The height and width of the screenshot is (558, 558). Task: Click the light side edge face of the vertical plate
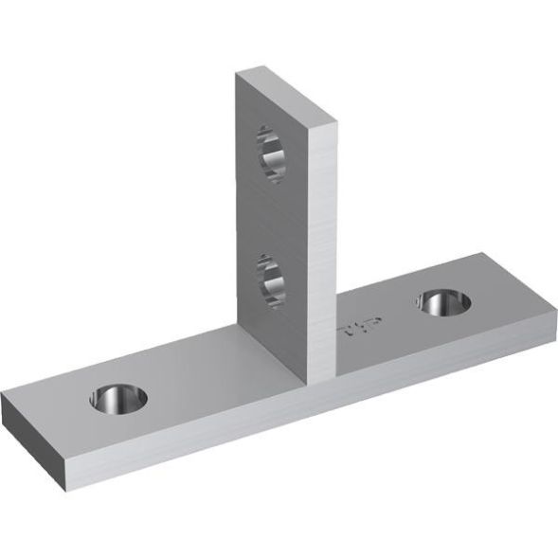322,246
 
